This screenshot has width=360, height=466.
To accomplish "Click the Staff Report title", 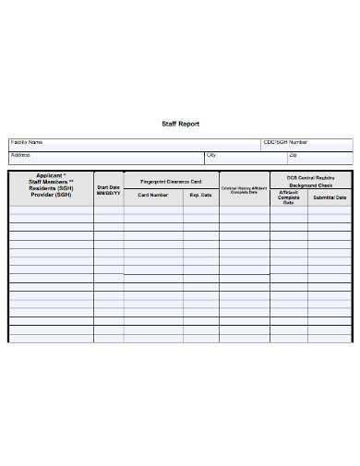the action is coord(180,124).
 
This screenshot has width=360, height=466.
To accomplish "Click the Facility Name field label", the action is coord(27,143).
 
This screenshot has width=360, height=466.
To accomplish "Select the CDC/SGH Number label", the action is coord(285,143).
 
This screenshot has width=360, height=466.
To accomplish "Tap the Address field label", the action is coord(20,155).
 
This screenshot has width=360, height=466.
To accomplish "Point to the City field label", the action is coord(211,155).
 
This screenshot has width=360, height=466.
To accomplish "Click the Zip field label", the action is coord(293,155).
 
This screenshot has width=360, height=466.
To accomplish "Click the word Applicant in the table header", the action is coord(50,175).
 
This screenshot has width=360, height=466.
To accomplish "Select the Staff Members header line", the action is coord(50,182).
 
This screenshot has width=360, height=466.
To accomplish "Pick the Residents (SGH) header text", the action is coord(50,188).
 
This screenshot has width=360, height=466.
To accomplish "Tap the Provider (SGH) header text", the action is coord(50,196).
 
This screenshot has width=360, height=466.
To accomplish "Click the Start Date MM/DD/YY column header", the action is coord(108,190).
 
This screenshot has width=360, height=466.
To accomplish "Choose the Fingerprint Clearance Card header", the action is coord(170,182).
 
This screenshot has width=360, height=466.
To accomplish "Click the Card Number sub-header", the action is coord(152,196).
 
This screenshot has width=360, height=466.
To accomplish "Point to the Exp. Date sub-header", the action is coord(200,196).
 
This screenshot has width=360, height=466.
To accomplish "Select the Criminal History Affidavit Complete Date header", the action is coord(244,190).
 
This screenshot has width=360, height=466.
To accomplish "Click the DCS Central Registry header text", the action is coord(310,176).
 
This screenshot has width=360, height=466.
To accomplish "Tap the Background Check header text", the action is coord(310,185).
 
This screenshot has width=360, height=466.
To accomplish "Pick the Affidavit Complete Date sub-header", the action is coord(288,197).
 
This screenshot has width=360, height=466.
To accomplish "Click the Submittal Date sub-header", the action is coord(330,197).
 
